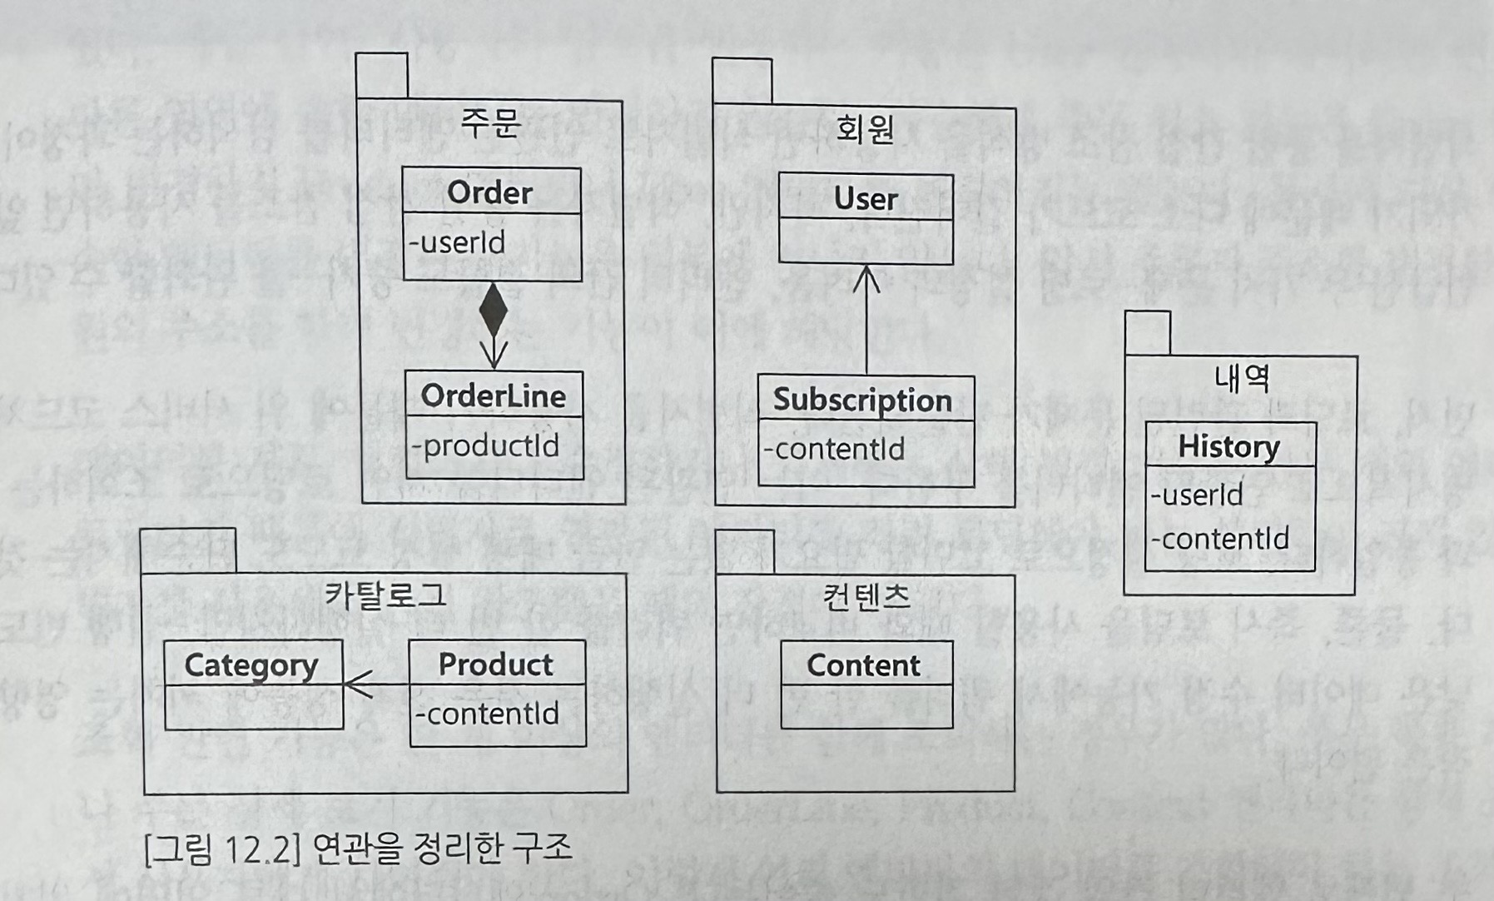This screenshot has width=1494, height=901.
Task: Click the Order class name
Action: pyautogui.click(x=489, y=192)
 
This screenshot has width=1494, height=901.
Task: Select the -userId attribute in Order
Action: pyautogui.click(x=457, y=242)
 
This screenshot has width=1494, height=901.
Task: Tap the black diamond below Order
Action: pyautogui.click(x=494, y=310)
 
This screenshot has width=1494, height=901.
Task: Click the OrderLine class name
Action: pyautogui.click(x=493, y=396)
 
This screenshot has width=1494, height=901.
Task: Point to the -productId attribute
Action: pyautogui.click(x=485, y=446)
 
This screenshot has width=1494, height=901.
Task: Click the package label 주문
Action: pyautogui.click(x=490, y=122)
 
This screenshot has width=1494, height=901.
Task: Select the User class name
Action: pyautogui.click(x=866, y=198)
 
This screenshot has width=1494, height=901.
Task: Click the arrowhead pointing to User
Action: pyautogui.click(x=866, y=278)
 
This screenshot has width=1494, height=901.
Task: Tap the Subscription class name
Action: pyautogui.click(x=862, y=400)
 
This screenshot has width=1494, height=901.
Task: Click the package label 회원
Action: pyautogui.click(x=866, y=129)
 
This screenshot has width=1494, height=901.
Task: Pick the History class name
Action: pyautogui.click(x=1229, y=446)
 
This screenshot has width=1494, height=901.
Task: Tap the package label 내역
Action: pyautogui.click(x=1241, y=378)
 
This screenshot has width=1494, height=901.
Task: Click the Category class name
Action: pyautogui.click(x=251, y=665)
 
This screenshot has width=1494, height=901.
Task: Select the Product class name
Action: pyautogui.click(x=496, y=665)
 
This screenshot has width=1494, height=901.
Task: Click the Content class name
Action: pyautogui.click(x=864, y=665)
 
